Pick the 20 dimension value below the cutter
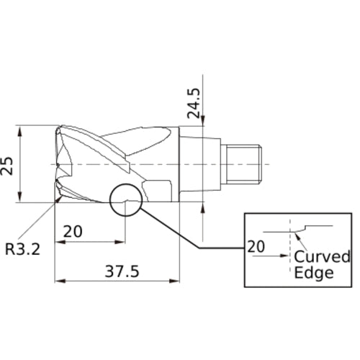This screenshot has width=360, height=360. (72, 232)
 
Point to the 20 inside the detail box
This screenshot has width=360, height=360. (256, 246)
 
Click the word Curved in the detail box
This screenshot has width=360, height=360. (323, 258)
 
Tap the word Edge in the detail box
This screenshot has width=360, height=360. (315, 273)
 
